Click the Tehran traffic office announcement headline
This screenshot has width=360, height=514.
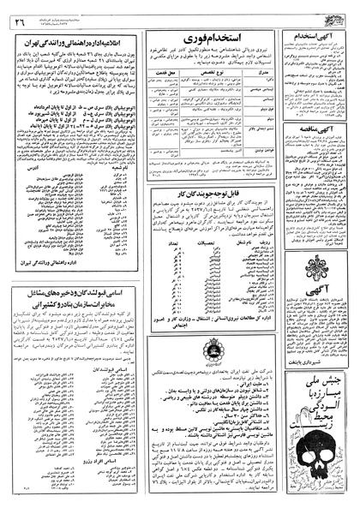point(74,39)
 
